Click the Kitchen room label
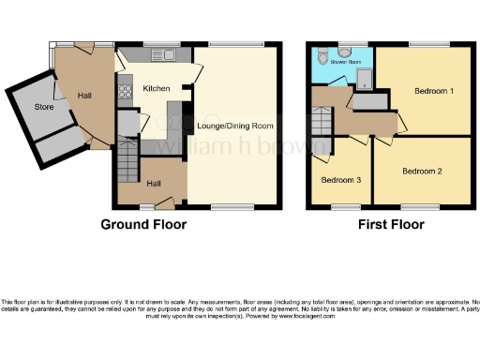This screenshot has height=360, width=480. pyautogui.click(x=156, y=88)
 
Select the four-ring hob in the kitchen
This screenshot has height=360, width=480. pyautogui.click(x=123, y=92)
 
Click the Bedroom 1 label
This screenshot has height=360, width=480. pyautogui.click(x=436, y=91)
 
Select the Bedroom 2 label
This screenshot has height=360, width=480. pyautogui.click(x=422, y=172)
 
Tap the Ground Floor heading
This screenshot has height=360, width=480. pyautogui.click(x=144, y=225)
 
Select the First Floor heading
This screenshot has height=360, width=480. pyautogui.click(x=390, y=225)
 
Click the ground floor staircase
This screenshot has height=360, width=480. pyautogui.click(x=127, y=169)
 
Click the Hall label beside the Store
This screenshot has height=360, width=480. pyautogui.click(x=83, y=95)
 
